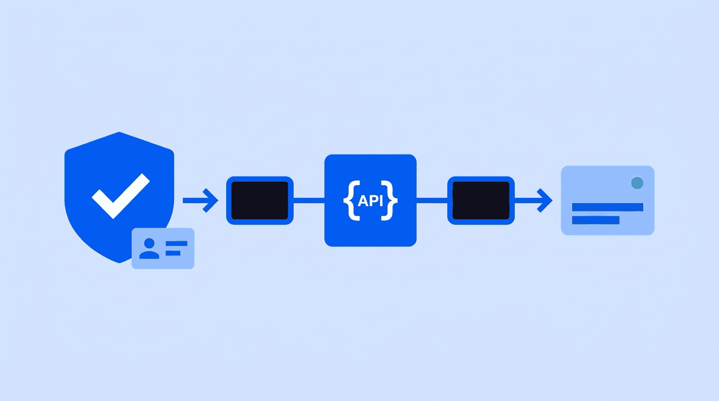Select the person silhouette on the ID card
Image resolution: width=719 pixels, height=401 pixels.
(x=149, y=249)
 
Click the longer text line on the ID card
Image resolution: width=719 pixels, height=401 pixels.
(x=176, y=243)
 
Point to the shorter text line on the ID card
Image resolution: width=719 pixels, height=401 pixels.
(x=173, y=253)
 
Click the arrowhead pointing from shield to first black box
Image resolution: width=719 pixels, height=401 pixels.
(x=211, y=200)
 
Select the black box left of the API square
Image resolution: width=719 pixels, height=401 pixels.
(x=260, y=200)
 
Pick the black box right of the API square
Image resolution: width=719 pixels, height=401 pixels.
(x=481, y=200)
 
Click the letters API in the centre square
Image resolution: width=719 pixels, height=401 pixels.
(x=370, y=201)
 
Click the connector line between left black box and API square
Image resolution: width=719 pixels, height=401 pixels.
(x=309, y=200)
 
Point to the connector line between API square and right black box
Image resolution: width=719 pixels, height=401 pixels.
(x=432, y=200)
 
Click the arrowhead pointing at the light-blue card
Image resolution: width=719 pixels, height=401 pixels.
(x=545, y=200)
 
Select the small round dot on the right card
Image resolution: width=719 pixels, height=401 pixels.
(x=637, y=183)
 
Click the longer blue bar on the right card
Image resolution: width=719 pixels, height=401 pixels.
(x=608, y=207)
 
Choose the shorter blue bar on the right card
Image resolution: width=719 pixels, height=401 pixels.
(x=596, y=220)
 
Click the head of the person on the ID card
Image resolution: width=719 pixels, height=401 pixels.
(x=149, y=243)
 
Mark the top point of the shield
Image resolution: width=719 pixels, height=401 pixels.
(x=119, y=132)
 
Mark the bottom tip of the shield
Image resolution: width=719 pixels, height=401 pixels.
(x=120, y=263)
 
